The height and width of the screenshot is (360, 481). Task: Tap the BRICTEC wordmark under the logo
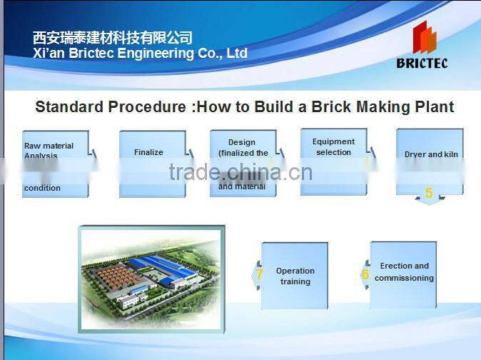(422, 63)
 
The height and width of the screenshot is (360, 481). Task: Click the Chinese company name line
(113, 38)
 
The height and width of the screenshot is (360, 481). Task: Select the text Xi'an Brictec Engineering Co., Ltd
(141, 54)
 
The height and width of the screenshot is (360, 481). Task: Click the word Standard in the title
(69, 107)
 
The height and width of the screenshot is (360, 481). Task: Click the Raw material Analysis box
(56, 163)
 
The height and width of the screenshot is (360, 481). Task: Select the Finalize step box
(152, 163)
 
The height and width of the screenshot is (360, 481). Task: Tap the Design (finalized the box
(243, 163)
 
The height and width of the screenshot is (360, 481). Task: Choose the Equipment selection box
(333, 161)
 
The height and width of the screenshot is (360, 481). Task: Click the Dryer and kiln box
(430, 161)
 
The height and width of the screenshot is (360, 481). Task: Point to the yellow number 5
(429, 194)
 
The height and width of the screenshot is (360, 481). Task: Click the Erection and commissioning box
(403, 274)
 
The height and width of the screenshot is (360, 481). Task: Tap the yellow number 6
(365, 274)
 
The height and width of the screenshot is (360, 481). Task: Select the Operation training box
(295, 276)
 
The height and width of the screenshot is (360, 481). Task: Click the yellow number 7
(260, 274)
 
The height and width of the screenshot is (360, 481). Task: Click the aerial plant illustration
(151, 279)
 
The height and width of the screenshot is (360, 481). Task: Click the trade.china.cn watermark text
(241, 172)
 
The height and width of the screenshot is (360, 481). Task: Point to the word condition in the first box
(42, 188)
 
